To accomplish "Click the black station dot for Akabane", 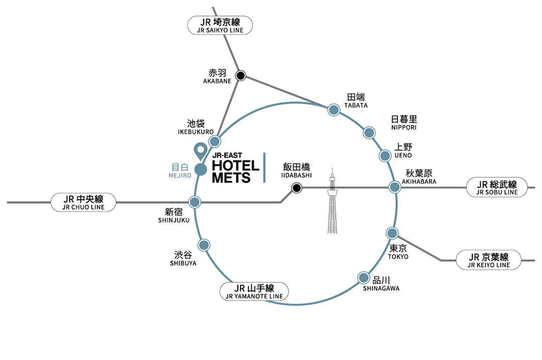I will (x=240, y=76).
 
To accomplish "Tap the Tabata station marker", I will (x=333, y=110).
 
